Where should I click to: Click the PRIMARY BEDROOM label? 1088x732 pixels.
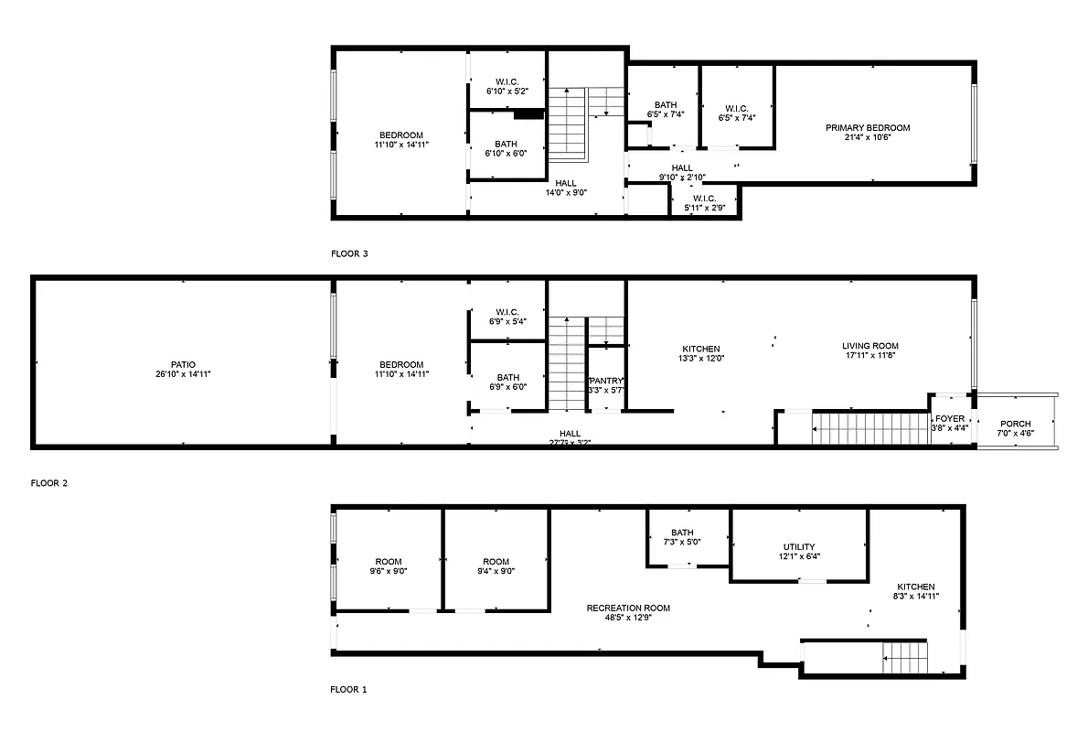(x=868, y=128)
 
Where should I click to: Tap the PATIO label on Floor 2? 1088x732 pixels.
(x=183, y=364)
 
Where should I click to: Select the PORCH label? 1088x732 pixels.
(x=1015, y=424)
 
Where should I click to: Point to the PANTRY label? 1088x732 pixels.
(x=604, y=380)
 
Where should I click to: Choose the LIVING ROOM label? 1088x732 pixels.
(x=869, y=346)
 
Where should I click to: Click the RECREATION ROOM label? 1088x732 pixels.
(x=628, y=608)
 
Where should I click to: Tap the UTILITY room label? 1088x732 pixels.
(x=799, y=547)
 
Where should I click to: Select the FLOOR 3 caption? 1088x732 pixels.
(x=349, y=253)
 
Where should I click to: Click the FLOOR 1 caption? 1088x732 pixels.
(x=348, y=690)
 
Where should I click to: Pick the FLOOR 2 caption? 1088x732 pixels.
(x=49, y=483)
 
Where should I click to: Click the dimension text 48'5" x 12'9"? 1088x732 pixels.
(x=628, y=618)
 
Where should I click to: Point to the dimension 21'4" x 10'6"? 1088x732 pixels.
(x=868, y=138)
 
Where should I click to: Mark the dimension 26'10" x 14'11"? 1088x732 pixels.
(x=183, y=374)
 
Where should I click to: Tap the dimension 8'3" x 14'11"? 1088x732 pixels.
(x=915, y=597)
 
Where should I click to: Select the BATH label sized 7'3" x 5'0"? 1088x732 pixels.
(x=682, y=533)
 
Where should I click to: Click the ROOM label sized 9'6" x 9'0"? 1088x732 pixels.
(x=389, y=562)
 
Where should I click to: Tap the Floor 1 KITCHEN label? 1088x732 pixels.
(x=915, y=587)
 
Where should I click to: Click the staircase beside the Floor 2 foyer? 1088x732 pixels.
(x=869, y=427)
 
